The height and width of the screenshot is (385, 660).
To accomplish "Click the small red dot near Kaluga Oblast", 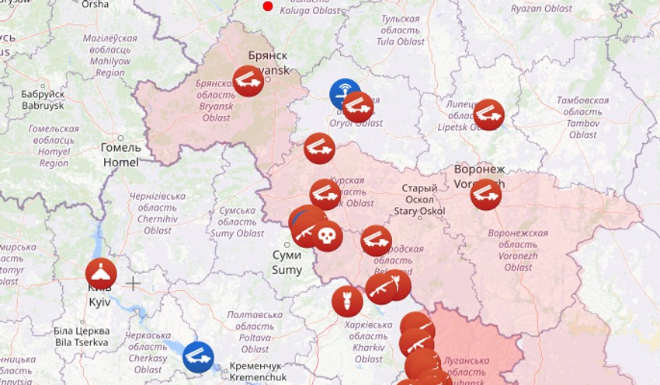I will point(268,6).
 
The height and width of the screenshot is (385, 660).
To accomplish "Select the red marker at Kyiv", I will point(101,274).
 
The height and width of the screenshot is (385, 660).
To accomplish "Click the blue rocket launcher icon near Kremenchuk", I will point(198,357).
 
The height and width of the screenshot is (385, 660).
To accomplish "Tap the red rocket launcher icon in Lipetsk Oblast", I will point(488,114).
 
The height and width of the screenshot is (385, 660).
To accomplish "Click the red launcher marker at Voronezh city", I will point(486,194).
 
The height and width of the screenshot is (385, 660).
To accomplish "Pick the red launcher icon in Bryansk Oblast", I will point(248,81).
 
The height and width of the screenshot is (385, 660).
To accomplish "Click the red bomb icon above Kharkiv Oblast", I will point(347,302).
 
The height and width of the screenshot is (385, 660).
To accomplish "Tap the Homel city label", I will point(120,155).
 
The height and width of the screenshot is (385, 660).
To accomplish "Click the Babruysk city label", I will point(43,100).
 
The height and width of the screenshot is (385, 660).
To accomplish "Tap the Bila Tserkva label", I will point(82,337).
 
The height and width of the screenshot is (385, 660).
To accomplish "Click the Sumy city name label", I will point(286,263).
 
